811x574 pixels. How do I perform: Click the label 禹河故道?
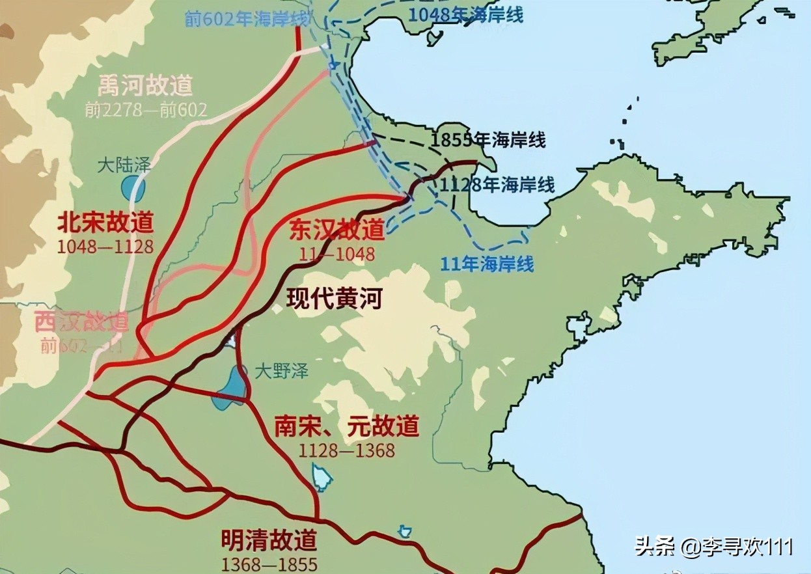tap(145, 85)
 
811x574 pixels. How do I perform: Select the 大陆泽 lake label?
tap(124, 165)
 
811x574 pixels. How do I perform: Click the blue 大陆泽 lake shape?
tap(133, 189)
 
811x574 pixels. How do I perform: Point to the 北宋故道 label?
tap(105, 223)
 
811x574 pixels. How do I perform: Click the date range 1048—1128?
tap(105, 247)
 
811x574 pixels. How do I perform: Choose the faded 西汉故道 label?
tap(81, 321)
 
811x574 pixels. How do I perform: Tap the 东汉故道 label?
tap(337, 230)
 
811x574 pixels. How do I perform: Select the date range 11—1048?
tap(337, 254)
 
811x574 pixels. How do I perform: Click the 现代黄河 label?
tap(334, 298)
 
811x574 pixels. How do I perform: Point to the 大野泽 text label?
tap(281, 371)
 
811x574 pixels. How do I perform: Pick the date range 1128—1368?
tap(346, 450)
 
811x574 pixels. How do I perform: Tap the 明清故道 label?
tap(269, 540)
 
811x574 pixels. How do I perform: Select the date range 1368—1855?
tap(269, 564)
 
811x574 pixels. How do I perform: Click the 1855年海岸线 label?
tap(488, 140)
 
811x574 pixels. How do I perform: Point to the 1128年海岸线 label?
tap(497, 185)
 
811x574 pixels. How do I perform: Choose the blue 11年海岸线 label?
tap(487, 264)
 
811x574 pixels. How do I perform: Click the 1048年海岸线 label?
tap(465, 16)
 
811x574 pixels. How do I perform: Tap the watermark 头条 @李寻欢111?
tap(714, 546)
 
